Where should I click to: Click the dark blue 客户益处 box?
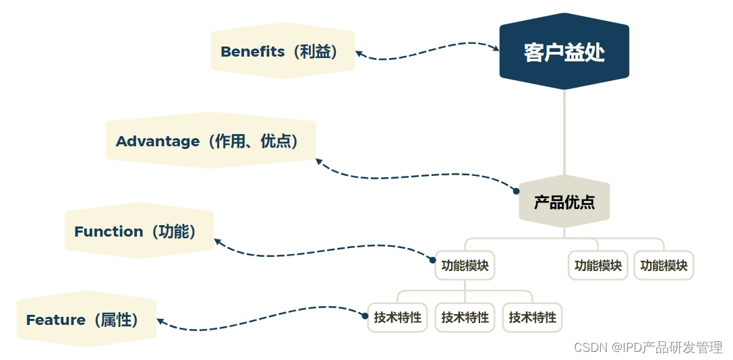(x=564, y=52)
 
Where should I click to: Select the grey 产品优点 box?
(x=564, y=202)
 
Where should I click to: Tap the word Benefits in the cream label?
(x=252, y=52)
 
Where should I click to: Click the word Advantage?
(x=158, y=142)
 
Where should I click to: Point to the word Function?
(x=109, y=232)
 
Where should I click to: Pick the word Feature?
(x=55, y=320)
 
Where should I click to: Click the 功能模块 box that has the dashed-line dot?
(x=465, y=266)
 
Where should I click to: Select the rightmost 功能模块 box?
(x=664, y=266)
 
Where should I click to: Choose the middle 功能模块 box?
(x=597, y=266)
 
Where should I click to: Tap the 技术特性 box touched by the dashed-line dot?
(x=398, y=318)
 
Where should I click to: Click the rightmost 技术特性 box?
(x=532, y=318)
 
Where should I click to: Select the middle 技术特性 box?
(x=465, y=318)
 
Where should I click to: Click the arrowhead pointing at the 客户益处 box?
(x=494, y=48)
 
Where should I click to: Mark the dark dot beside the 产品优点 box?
(x=516, y=191)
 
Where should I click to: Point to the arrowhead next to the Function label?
(x=218, y=241)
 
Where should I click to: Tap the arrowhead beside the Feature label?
(x=161, y=322)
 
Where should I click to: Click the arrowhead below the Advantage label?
(x=320, y=162)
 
